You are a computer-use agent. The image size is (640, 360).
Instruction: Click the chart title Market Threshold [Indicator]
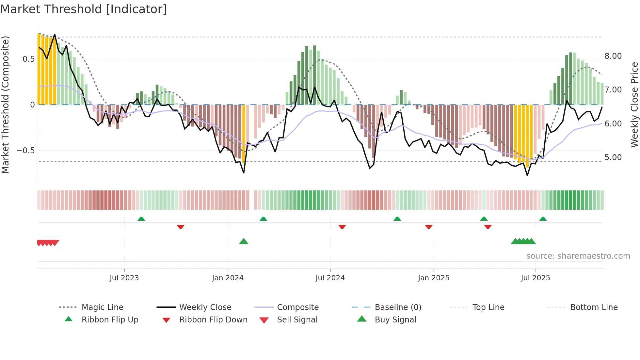pyautogui.click(x=84, y=9)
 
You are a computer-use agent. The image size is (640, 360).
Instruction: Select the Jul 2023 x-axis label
pyautogui.click(x=124, y=278)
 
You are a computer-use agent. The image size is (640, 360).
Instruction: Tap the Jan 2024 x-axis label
pyautogui.click(x=228, y=278)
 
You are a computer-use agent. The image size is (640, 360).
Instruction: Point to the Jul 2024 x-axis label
pyautogui.click(x=330, y=278)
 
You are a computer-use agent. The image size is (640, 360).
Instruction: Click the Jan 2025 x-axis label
pyautogui.click(x=433, y=278)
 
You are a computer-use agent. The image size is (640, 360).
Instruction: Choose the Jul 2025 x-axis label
pyautogui.click(x=535, y=278)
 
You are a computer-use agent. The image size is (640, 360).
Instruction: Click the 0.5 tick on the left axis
pyautogui.click(x=28, y=59)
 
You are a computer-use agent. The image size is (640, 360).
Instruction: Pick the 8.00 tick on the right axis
pyautogui.click(x=613, y=56)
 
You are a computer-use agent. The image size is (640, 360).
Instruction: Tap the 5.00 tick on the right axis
pyautogui.click(x=613, y=157)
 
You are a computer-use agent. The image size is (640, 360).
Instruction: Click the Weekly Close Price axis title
pyautogui.click(x=634, y=105)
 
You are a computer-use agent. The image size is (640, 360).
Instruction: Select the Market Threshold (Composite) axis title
pyautogui.click(x=5, y=105)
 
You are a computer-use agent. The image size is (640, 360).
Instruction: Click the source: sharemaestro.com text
pyautogui.click(x=578, y=256)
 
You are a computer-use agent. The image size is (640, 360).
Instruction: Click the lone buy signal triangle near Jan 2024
pyautogui.click(x=244, y=242)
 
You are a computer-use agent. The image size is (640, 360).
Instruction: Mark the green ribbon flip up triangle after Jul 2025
pyautogui.click(x=543, y=219)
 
